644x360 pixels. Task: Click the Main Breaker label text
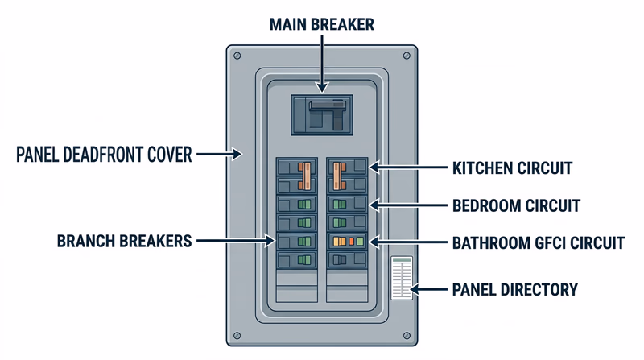pos(322,24)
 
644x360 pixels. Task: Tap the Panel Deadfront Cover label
pos(104,153)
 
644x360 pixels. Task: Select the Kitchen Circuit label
pos(511,168)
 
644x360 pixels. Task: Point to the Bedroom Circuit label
pos(515,205)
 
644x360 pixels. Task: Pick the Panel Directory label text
pos(515,289)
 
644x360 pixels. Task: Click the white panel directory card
pos(401,279)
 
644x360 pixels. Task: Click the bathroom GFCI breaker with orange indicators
pos(347,241)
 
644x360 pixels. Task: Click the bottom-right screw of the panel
pos(407,334)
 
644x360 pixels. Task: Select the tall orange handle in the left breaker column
pos(305,174)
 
